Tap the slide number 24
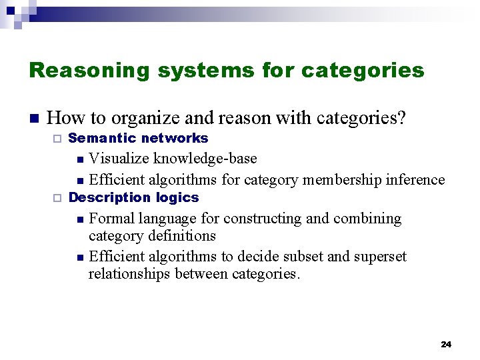coord(446,345)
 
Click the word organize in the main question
coord(143,118)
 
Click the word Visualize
coord(119,159)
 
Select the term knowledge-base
coord(205,159)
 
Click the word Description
coord(110,197)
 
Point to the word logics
coord(177,197)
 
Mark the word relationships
coord(129,274)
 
